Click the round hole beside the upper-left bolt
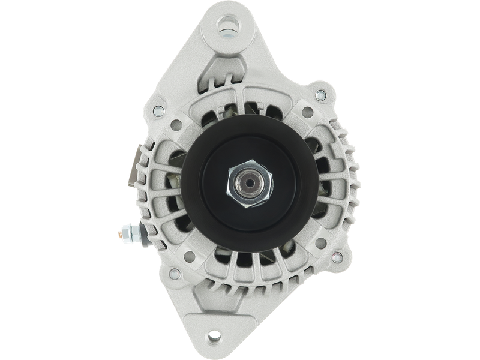tap(178, 125)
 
